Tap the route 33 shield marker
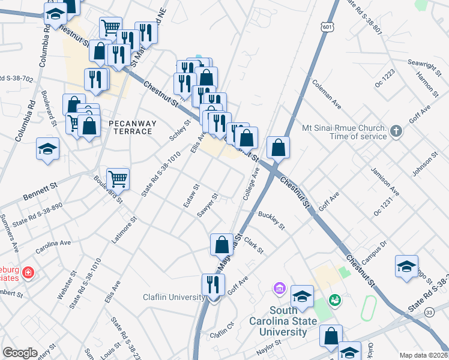[x=429, y=313]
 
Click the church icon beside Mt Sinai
[x=396, y=131]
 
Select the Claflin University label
[x=173, y=297]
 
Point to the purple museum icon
[x=279, y=289]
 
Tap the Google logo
[x=20, y=353]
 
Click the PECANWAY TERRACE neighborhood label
[x=132, y=127]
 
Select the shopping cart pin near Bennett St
[x=118, y=178]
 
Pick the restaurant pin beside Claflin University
[x=211, y=284]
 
